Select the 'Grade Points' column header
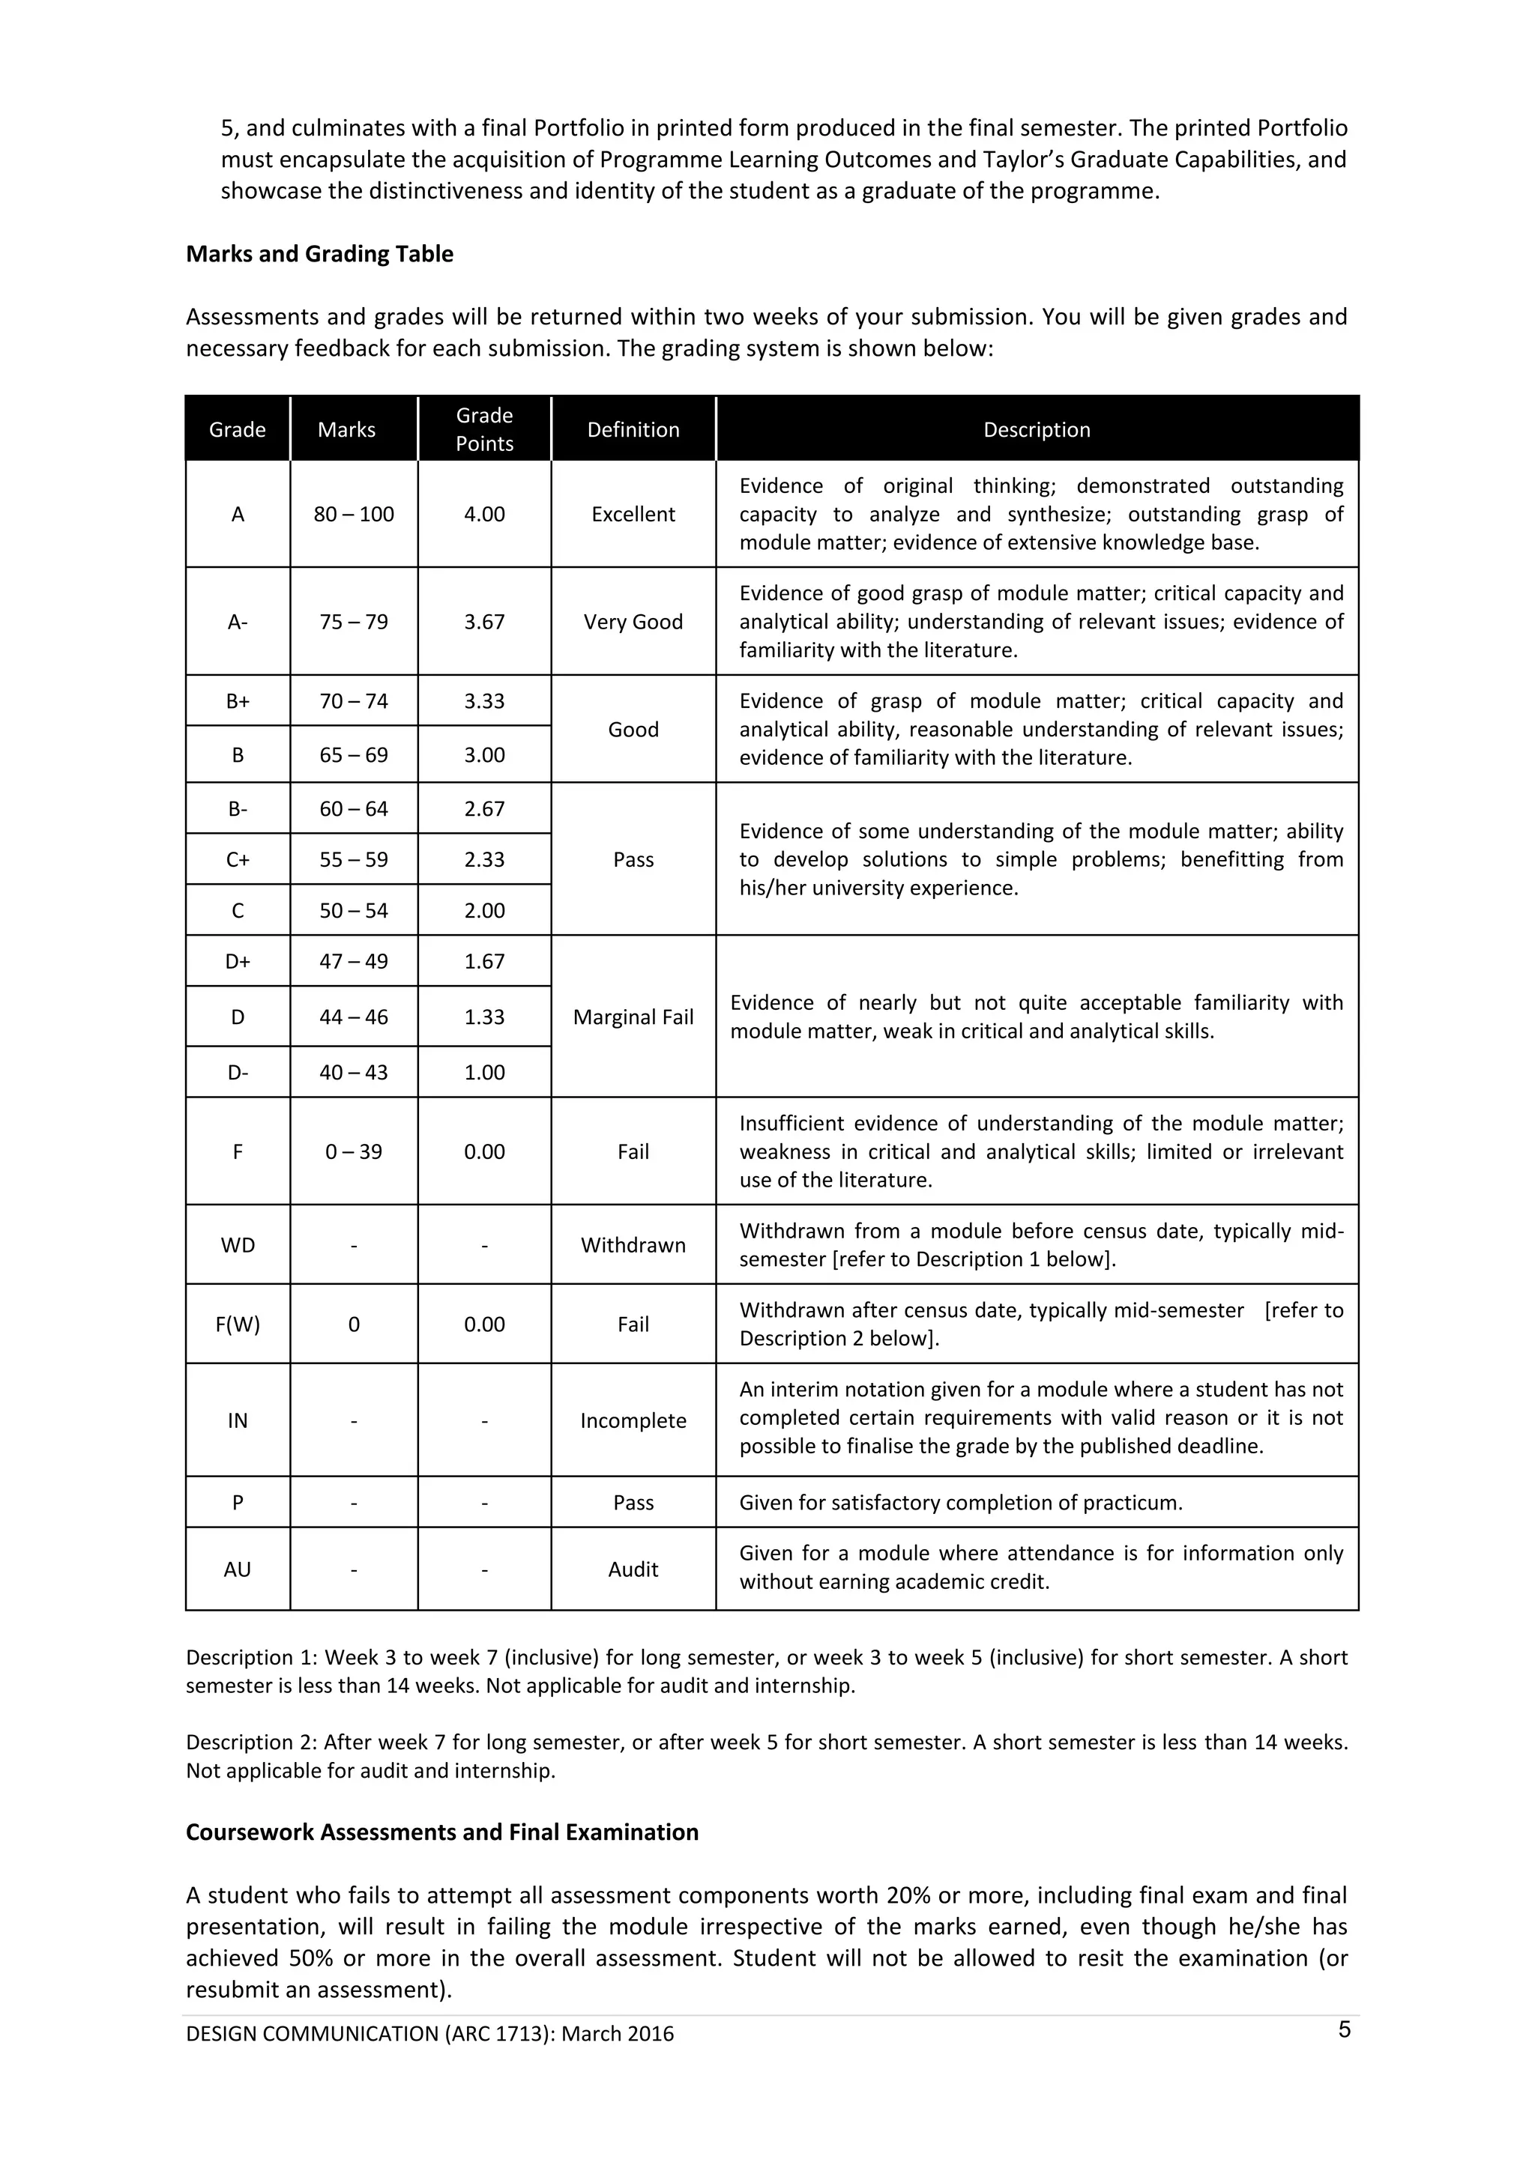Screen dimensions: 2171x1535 [483, 429]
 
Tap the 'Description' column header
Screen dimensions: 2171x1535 [1036, 429]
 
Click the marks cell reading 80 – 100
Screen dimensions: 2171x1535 [354, 515]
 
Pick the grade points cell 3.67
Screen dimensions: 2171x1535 [483, 623]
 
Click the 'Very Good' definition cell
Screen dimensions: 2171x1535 [633, 623]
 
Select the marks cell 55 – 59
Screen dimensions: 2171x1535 [354, 859]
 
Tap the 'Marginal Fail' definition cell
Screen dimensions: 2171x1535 [633, 1017]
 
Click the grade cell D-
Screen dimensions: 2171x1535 [238, 1072]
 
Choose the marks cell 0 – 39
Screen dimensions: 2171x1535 [354, 1151]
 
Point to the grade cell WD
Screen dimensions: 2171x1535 [238, 1245]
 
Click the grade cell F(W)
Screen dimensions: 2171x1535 [238, 1324]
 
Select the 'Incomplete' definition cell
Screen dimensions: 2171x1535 [633, 1420]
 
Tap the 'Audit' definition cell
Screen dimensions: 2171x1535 [633, 1569]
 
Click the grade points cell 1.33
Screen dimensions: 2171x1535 [483, 1017]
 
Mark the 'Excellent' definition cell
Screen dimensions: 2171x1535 [633, 515]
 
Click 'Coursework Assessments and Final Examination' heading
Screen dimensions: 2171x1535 [441, 1832]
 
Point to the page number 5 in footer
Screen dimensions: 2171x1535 [1344, 2030]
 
